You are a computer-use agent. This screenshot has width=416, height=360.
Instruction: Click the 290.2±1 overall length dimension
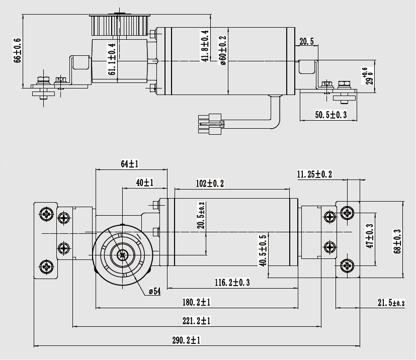(186, 340)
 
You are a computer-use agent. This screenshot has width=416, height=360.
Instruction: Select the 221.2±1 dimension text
(196, 321)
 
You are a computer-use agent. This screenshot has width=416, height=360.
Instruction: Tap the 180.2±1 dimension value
(196, 302)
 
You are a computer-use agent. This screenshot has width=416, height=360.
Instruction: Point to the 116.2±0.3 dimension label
(232, 283)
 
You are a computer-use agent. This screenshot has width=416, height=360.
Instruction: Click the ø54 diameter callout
(154, 292)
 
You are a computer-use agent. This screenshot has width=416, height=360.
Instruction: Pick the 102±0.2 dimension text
(210, 184)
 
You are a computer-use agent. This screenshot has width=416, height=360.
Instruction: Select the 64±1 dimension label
(130, 164)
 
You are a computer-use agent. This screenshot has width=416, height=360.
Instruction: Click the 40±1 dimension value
(144, 183)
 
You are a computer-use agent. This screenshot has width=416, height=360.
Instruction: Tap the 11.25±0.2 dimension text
(314, 174)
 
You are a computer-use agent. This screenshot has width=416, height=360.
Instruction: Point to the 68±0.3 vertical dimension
(397, 241)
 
